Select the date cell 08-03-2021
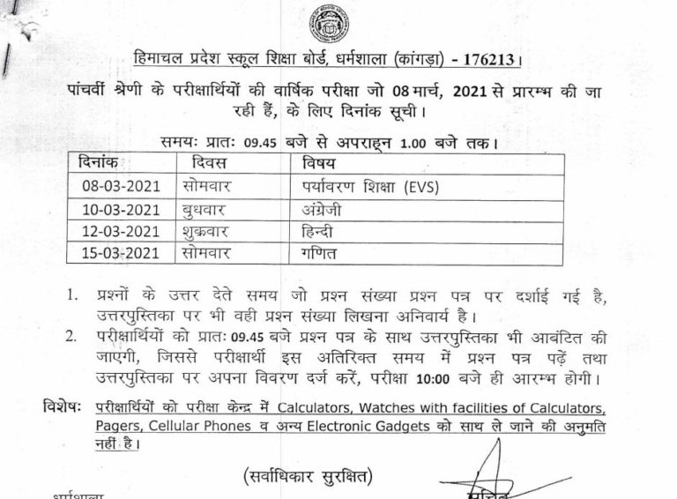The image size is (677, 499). [114, 188]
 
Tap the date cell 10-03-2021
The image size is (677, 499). [114, 211]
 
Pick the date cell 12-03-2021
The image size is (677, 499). [114, 232]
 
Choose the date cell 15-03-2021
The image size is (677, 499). [114, 254]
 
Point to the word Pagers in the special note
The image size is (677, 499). [123, 427]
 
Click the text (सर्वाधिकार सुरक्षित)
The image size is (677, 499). [308, 477]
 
